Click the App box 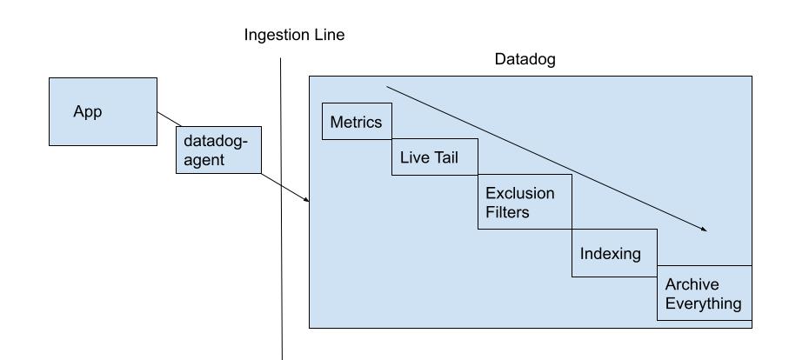click(x=103, y=111)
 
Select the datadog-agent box click(x=218, y=150)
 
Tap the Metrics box click(x=357, y=122)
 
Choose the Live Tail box click(x=434, y=157)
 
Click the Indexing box click(x=613, y=254)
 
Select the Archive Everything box click(x=704, y=293)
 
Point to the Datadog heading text click(x=525, y=60)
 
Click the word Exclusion click(x=519, y=192)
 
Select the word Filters click(x=507, y=211)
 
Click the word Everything click(x=704, y=303)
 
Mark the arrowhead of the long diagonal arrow click(x=705, y=230)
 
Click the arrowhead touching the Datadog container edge click(x=305, y=201)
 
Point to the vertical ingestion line click(x=282, y=261)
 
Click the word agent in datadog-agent click(x=204, y=160)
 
